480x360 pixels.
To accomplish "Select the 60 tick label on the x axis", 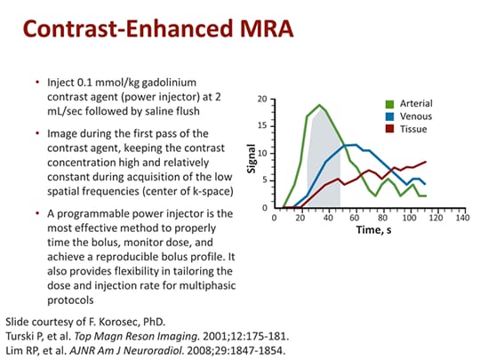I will (x=354, y=218).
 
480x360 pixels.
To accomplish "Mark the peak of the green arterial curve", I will (x=320, y=106).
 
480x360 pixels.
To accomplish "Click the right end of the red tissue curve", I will (x=426, y=162).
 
